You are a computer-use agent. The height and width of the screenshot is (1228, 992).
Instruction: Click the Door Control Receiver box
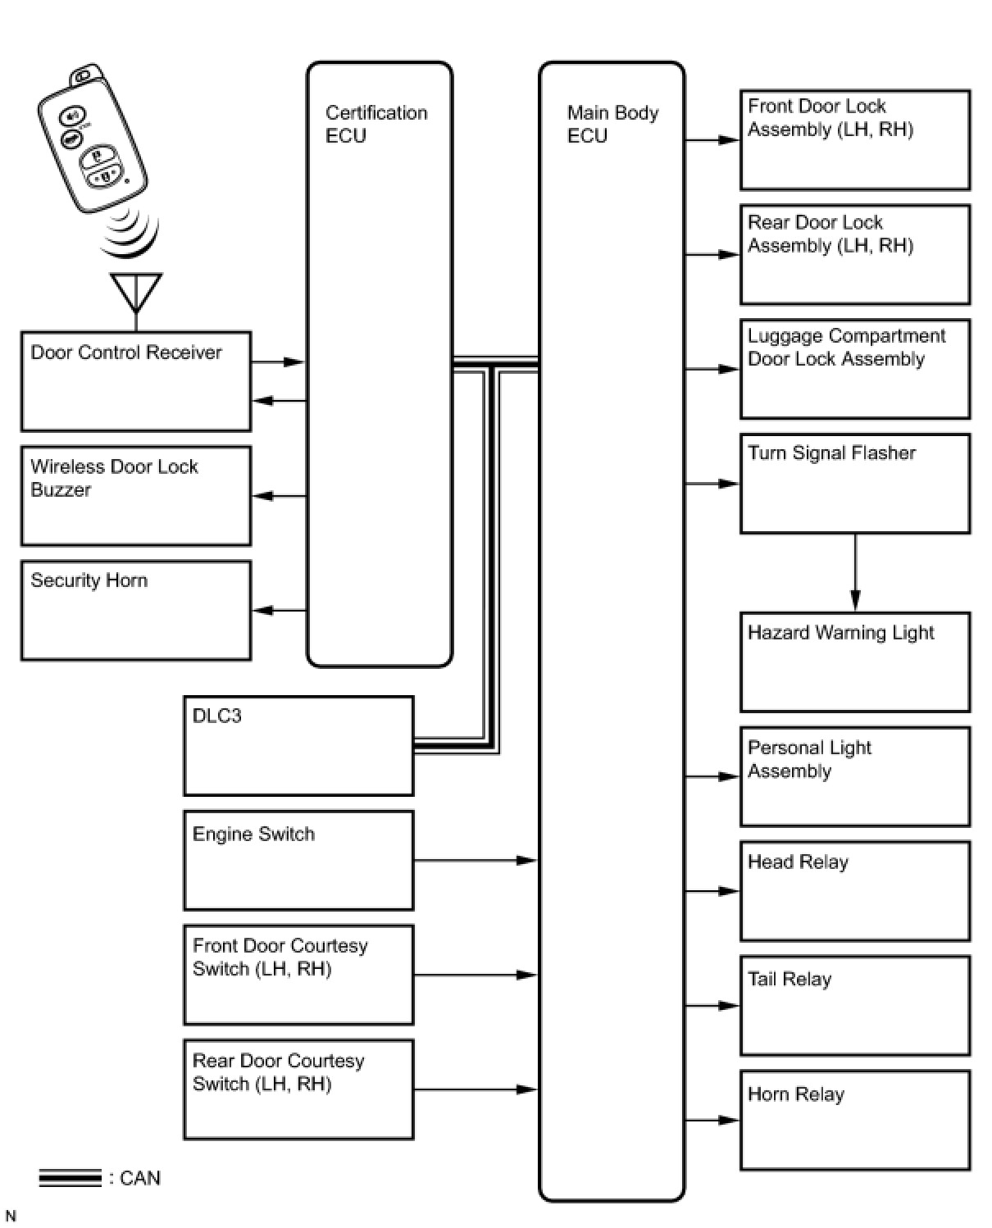tap(135, 381)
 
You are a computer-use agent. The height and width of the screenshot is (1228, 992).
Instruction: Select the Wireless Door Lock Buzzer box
tap(135, 496)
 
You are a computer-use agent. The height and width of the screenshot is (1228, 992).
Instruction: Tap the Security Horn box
tap(135, 611)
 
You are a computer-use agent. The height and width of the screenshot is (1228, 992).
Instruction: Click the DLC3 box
tap(298, 746)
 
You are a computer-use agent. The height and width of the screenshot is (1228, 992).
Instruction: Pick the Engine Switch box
tap(298, 861)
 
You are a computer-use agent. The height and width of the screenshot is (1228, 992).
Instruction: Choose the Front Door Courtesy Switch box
tap(298, 975)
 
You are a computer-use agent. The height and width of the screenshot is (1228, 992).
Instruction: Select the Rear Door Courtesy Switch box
tap(298, 1089)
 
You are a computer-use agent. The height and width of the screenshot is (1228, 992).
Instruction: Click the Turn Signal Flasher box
tap(855, 484)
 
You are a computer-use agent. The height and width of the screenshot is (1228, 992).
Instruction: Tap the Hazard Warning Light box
tap(855, 662)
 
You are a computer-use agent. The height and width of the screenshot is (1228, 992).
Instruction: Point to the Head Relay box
tap(855, 891)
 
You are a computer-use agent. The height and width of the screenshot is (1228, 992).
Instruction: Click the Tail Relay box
tap(855, 1006)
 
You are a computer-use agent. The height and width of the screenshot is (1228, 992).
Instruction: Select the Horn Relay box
tap(855, 1120)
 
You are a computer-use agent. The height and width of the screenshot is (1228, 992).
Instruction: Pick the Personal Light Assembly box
tap(855, 776)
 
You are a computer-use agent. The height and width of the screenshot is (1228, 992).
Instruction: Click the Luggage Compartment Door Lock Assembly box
tap(855, 369)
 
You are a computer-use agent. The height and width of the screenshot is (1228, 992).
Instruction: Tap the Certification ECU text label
tap(376, 124)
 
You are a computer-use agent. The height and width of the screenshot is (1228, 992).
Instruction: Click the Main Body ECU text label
tap(612, 124)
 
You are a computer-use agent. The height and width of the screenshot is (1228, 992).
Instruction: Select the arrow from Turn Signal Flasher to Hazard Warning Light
tap(855, 573)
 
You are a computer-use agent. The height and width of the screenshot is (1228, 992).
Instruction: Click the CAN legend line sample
tap(70, 1178)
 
